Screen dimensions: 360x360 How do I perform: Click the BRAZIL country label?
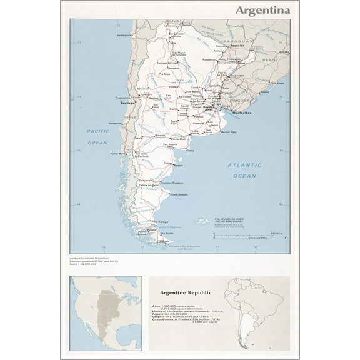269,59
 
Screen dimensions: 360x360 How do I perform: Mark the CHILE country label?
130,117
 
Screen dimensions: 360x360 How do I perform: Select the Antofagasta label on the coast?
124,35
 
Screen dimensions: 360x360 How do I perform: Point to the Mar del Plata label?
224,132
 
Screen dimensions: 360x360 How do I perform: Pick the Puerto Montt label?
118,154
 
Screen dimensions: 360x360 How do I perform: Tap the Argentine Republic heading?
185,292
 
